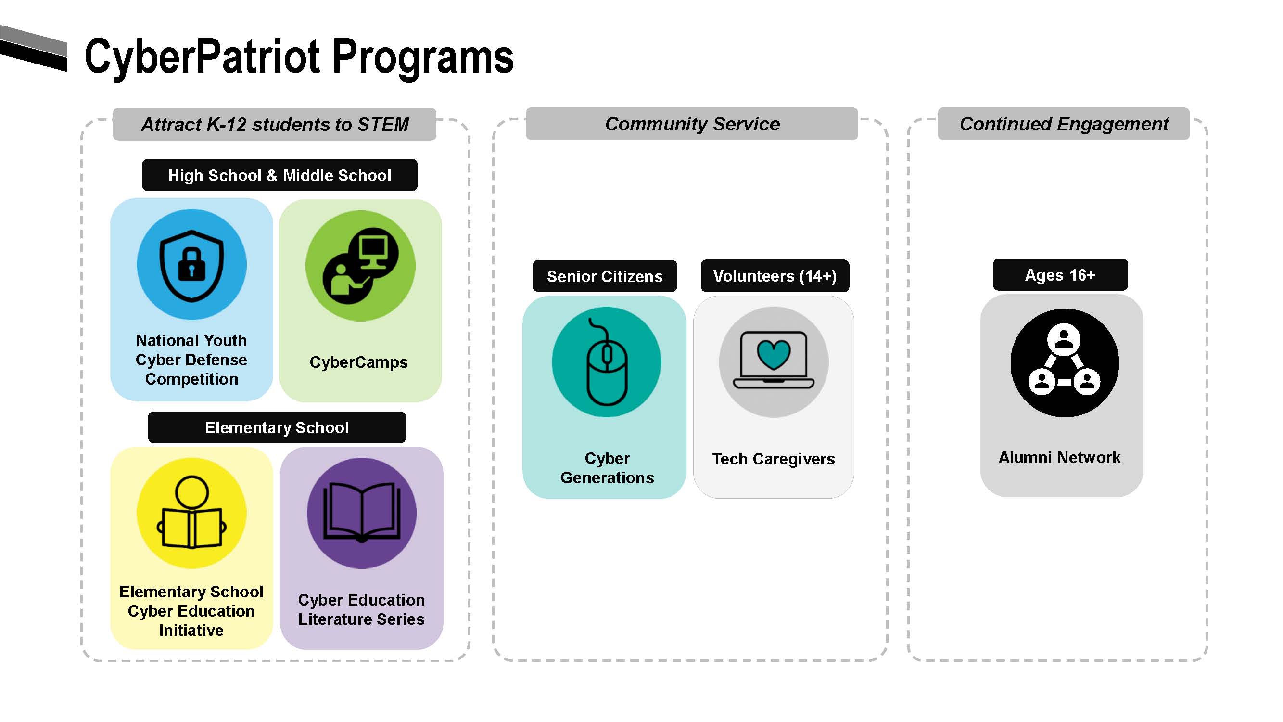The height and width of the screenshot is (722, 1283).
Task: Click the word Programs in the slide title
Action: (x=422, y=57)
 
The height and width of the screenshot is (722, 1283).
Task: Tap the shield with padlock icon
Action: (x=192, y=265)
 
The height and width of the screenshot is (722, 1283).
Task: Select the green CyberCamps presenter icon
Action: (x=361, y=265)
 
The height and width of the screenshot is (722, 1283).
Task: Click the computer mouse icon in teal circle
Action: (x=607, y=362)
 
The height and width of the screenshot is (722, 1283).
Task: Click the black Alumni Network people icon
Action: (x=1064, y=363)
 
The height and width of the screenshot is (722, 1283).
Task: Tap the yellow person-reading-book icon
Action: (x=192, y=513)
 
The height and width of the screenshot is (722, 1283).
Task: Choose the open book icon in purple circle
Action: (x=362, y=513)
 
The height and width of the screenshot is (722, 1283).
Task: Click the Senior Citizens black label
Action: (x=605, y=276)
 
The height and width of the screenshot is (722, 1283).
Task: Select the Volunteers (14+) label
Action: (x=775, y=275)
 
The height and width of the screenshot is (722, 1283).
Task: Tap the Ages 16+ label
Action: (x=1060, y=275)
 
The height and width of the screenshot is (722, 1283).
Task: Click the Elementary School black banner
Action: (x=277, y=427)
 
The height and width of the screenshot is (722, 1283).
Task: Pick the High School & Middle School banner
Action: (x=279, y=175)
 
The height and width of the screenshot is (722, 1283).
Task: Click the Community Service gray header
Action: (x=692, y=124)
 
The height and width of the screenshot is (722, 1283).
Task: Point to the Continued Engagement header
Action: (x=1063, y=124)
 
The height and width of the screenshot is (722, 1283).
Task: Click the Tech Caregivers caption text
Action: (x=773, y=459)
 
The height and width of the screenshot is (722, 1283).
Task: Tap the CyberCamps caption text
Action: (x=358, y=362)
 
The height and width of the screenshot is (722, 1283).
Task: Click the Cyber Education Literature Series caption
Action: (x=361, y=609)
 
